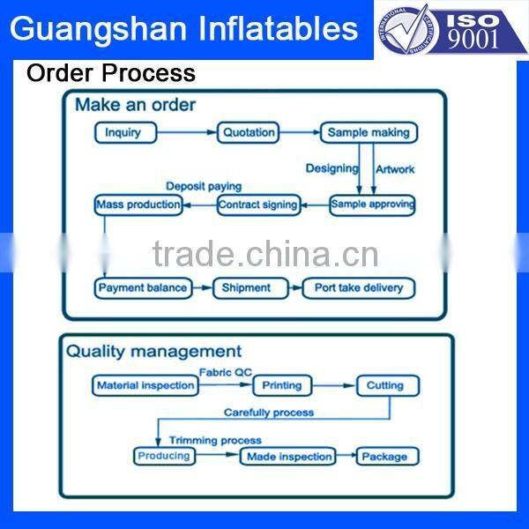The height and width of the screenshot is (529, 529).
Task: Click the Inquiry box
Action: point(124,133)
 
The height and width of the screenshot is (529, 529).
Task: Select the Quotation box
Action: point(249,133)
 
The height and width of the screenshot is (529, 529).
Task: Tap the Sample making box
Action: point(369,133)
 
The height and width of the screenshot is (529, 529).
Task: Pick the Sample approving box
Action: point(372,205)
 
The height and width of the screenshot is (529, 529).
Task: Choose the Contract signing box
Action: point(258,205)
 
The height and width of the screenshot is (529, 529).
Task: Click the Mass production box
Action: point(138,205)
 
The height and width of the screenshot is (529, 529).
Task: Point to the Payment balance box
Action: point(143,287)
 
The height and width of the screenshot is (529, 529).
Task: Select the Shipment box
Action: point(246,287)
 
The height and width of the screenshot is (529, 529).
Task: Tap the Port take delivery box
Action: point(358,287)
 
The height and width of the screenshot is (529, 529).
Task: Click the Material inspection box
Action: point(145,385)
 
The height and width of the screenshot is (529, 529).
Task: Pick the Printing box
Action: point(282,385)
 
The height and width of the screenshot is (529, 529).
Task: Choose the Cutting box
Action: point(386,385)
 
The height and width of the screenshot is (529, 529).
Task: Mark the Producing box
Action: point(164,456)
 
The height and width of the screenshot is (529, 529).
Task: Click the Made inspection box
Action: point(288,457)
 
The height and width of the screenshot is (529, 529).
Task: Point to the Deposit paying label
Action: point(204,187)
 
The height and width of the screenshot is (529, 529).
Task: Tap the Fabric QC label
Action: point(225,372)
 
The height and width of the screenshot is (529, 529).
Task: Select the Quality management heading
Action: point(154,352)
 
